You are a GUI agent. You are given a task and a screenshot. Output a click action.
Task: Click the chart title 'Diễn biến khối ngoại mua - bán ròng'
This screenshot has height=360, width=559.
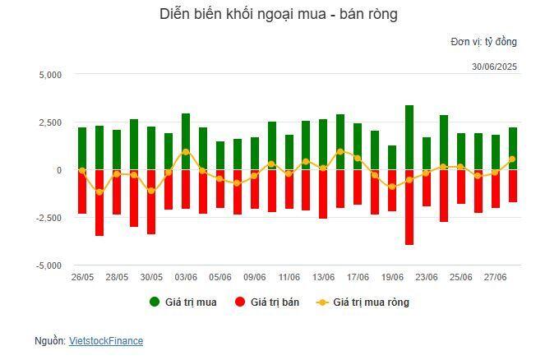click(279, 15)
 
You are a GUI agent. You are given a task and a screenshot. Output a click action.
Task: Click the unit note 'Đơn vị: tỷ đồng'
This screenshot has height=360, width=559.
click(483, 42)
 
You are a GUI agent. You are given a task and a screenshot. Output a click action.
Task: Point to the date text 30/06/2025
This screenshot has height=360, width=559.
click(494, 67)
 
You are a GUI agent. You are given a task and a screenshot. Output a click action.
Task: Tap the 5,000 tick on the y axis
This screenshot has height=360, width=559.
click(50, 75)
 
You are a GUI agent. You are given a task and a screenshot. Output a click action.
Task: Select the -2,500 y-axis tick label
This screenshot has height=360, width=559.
click(49, 218)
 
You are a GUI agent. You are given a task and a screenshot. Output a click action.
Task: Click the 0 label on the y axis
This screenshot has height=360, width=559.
click(59, 170)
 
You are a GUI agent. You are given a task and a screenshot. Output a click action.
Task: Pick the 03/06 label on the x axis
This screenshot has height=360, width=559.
click(186, 278)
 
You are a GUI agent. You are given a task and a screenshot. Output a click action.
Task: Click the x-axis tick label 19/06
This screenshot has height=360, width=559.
click(392, 278)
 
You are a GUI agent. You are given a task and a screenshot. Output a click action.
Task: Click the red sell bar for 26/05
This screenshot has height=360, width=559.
click(82, 192)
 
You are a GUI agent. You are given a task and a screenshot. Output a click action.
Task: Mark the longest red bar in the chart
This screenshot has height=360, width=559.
click(409, 207)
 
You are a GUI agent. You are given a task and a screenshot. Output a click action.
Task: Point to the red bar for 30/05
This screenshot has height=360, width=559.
click(151, 201)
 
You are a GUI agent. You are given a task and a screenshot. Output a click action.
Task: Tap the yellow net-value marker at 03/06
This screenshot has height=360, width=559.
click(186, 152)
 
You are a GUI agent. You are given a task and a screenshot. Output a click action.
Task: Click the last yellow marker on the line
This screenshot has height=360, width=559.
click(512, 159)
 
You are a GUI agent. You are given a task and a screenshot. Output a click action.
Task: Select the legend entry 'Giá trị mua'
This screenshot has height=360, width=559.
click(183, 302)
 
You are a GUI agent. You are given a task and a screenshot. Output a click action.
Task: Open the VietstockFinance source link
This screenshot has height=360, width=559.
click(105, 340)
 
